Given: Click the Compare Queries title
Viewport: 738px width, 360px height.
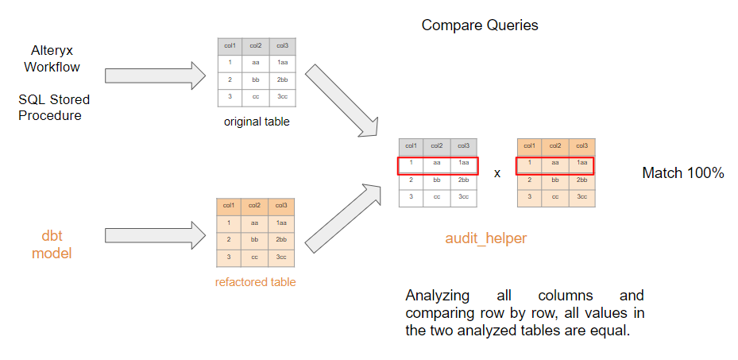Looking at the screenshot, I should pos(480,25).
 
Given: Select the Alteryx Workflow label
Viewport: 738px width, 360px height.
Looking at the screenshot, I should pos(52,58).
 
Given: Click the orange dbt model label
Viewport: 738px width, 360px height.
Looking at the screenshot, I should pos(52,244).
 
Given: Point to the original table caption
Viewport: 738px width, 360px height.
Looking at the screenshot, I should pos(256,122).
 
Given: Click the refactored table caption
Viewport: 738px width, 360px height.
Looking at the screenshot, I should pos(255,281).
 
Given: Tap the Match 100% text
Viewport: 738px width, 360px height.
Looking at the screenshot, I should pos(682,172).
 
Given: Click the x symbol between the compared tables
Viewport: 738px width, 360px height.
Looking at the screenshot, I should pos(497,172).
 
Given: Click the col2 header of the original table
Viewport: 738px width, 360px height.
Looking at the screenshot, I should pos(256,46).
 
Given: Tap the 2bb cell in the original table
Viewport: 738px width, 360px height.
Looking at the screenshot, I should pos(282,79).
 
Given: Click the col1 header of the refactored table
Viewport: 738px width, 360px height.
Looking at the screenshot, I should pos(230,206).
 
